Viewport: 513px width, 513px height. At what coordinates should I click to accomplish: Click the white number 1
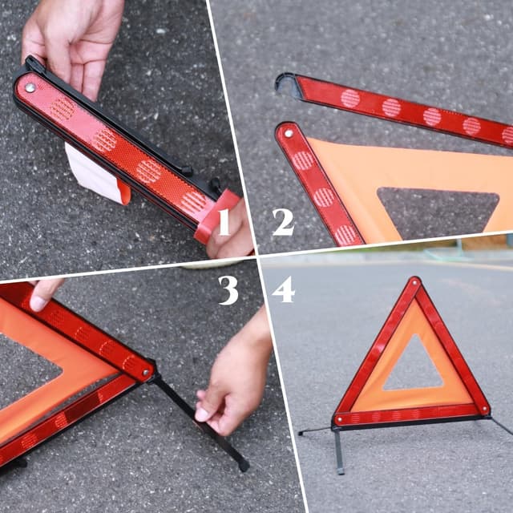[x=224, y=222]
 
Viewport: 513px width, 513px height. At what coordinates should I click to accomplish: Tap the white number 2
[x=283, y=222]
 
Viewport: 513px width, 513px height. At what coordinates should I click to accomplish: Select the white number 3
[x=228, y=289]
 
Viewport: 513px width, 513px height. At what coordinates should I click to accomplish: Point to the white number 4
[x=283, y=289]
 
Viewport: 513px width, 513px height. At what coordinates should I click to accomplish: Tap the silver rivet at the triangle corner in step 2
[x=287, y=133]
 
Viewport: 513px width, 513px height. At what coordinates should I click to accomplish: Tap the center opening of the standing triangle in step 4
[x=413, y=368]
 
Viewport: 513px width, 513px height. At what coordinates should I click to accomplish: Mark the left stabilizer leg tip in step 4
[x=301, y=433]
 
